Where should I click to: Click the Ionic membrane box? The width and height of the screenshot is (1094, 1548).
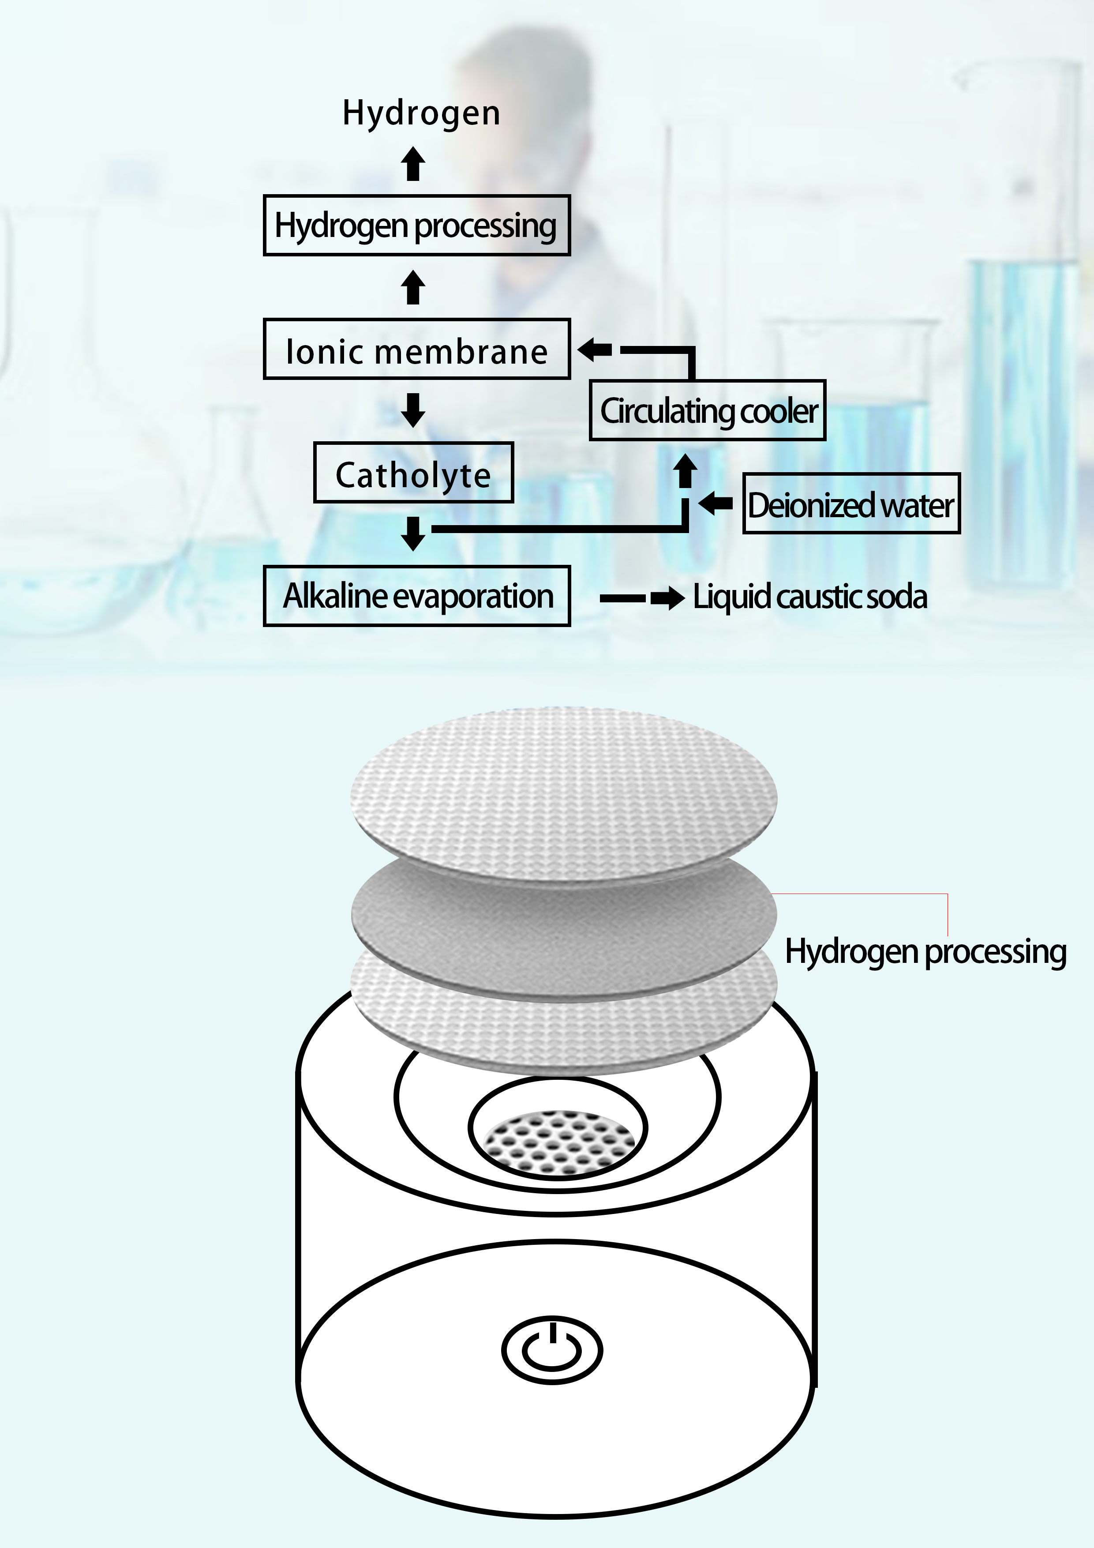[x=416, y=349]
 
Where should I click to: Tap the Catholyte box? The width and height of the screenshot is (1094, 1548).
[x=413, y=473]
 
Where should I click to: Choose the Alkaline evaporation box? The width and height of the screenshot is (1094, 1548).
[x=416, y=596]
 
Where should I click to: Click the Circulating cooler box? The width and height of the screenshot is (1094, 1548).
[x=707, y=410]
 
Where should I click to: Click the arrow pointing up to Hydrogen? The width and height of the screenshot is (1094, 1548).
[x=413, y=164]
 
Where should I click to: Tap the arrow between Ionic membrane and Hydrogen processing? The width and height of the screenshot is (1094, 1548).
[x=413, y=287]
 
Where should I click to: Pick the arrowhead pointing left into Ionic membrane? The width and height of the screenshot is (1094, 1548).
[x=595, y=349]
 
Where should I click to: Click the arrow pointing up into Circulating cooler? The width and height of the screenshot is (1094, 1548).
[x=686, y=470]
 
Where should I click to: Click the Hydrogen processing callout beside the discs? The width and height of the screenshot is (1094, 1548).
[x=925, y=952]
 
